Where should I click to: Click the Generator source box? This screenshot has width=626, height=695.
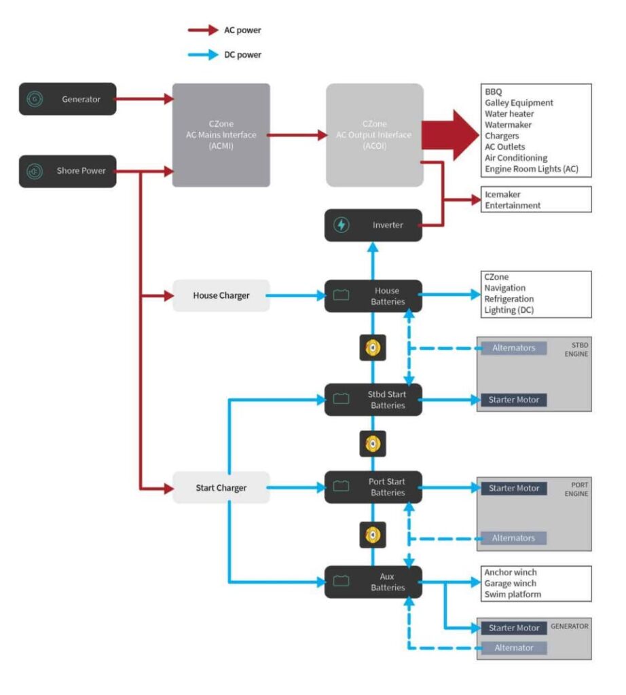pyautogui.click(x=68, y=99)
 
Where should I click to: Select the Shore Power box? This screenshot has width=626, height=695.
pyautogui.click(x=68, y=171)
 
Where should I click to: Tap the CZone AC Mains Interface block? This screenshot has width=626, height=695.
pyautogui.click(x=221, y=135)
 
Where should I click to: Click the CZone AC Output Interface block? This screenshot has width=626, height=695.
pyautogui.click(x=374, y=135)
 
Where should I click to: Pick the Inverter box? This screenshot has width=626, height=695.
pyautogui.click(x=373, y=225)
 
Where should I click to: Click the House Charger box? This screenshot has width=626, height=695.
pyautogui.click(x=221, y=296)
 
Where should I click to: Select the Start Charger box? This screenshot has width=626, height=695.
pyautogui.click(x=221, y=487)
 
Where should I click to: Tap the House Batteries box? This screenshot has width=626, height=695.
pyautogui.click(x=373, y=296)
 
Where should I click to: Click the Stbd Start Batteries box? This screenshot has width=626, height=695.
pyautogui.click(x=373, y=400)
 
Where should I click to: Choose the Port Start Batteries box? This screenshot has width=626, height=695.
pyautogui.click(x=373, y=487)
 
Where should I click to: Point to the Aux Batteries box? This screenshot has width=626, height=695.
pyautogui.click(x=373, y=582)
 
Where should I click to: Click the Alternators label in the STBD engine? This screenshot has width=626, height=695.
pyautogui.click(x=513, y=348)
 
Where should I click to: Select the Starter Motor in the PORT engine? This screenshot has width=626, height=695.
pyautogui.click(x=514, y=489)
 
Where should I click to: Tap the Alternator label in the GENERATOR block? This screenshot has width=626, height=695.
pyautogui.click(x=513, y=648)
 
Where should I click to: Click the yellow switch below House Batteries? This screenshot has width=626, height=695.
pyautogui.click(x=372, y=348)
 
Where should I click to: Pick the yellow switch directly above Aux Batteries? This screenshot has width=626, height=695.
pyautogui.click(x=372, y=535)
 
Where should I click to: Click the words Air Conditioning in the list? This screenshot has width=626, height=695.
pyautogui.click(x=516, y=158)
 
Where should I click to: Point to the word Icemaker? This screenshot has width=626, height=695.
pyautogui.click(x=503, y=194)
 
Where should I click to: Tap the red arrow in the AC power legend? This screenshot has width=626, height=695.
pyautogui.click(x=203, y=30)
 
